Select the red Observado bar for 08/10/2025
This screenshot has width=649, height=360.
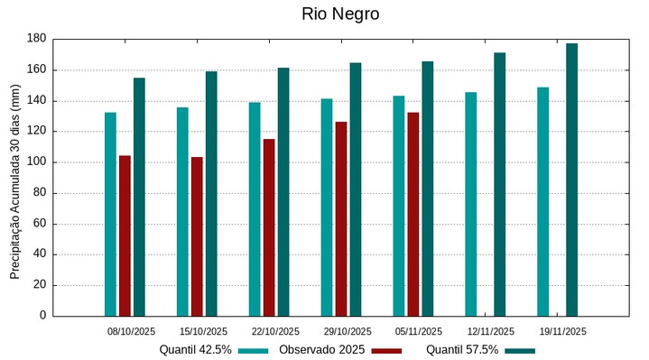point(125,235)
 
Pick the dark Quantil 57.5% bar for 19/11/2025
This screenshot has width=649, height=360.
point(571,180)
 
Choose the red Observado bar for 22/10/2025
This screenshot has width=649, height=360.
point(269,227)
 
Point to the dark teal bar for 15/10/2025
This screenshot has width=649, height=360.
point(211,193)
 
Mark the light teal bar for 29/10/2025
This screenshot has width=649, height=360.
point(327,207)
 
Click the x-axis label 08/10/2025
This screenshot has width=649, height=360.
point(131,331)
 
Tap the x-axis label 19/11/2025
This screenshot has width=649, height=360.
point(563,331)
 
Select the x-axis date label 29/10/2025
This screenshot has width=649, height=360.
point(348,331)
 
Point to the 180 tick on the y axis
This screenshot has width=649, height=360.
point(37,39)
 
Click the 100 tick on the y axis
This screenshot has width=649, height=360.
point(37,162)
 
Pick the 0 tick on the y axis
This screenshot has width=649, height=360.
point(42,316)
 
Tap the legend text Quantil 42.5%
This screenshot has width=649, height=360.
point(196,349)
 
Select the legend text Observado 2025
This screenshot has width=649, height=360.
point(321,349)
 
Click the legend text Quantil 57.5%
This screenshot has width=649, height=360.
point(462,349)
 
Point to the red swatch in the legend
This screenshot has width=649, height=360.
point(386,350)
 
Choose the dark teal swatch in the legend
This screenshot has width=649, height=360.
point(520,350)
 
